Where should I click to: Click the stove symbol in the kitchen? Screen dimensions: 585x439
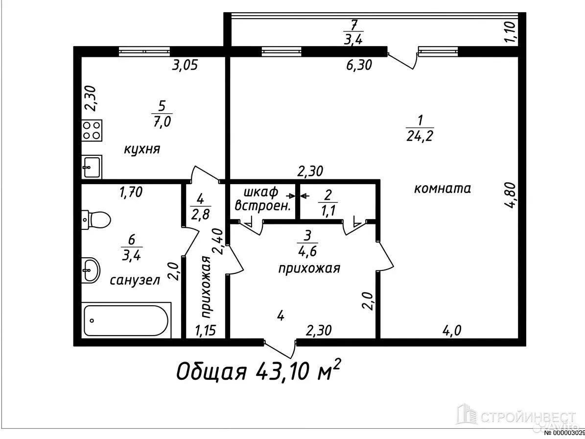[x=92, y=130]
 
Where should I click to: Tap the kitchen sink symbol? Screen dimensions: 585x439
[x=92, y=167]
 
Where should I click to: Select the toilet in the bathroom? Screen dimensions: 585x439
[x=96, y=219]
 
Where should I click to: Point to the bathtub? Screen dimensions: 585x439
[x=126, y=320]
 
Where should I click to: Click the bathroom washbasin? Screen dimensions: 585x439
[x=91, y=269]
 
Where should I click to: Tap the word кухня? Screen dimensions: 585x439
[x=142, y=150]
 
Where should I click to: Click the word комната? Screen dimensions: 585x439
[x=443, y=189]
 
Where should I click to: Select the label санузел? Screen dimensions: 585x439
[x=135, y=280]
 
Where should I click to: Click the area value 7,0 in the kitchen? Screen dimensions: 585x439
[x=162, y=122]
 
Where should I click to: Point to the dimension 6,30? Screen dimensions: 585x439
[x=359, y=65]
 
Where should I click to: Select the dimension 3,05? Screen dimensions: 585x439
[x=184, y=65]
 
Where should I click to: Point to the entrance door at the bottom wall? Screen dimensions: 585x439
[x=280, y=348]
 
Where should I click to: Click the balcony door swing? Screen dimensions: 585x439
[x=402, y=60]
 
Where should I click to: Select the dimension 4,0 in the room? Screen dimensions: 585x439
[x=452, y=330]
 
